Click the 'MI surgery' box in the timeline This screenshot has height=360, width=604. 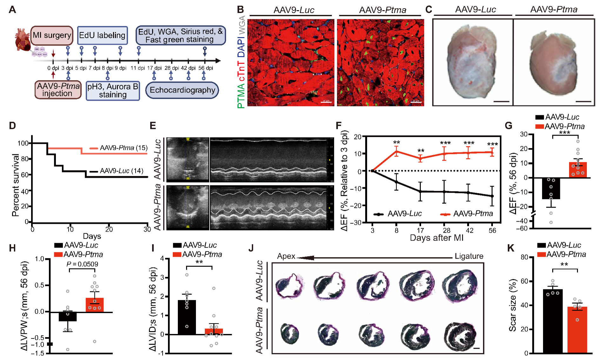pyautogui.click(x=52, y=35)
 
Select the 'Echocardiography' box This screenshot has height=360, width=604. pyautogui.click(x=182, y=90)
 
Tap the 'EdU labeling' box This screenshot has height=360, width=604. pyautogui.click(x=102, y=35)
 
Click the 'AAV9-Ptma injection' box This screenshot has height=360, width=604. pyautogui.click(x=58, y=90)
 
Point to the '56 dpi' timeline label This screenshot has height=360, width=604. pyautogui.click(x=205, y=68)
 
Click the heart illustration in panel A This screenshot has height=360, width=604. pyautogui.click(x=22, y=39)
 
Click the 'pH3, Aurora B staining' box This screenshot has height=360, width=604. pyautogui.click(x=113, y=91)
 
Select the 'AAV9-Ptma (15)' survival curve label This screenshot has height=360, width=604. pyautogui.click(x=124, y=148)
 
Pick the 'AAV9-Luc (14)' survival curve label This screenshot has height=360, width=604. pyautogui.click(x=122, y=171)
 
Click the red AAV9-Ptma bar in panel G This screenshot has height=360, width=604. pyautogui.click(x=578, y=170)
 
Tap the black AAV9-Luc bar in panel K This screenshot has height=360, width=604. pyautogui.click(x=553, y=321)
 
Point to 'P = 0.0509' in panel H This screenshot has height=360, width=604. pyautogui.click(x=82, y=264)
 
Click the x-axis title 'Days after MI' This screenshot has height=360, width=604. pyautogui.click(x=437, y=238)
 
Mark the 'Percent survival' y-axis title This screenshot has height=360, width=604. pyautogui.click(x=15, y=185)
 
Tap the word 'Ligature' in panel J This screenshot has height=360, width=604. pyautogui.click(x=469, y=256)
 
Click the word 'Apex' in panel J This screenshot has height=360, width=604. pyautogui.click(x=286, y=256)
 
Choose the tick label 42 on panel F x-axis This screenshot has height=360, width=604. pyautogui.click(x=469, y=230)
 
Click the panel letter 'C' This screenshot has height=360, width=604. pyautogui.click(x=429, y=10)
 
